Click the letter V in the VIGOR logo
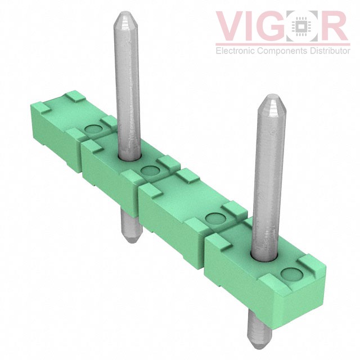pyautogui.click(x=232, y=26)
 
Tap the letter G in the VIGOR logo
pyautogui.click(x=274, y=26)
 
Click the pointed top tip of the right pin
pyautogui.click(x=272, y=98)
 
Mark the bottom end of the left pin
pyautogui.click(x=128, y=239)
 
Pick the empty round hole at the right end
pyautogui.click(x=291, y=274)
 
